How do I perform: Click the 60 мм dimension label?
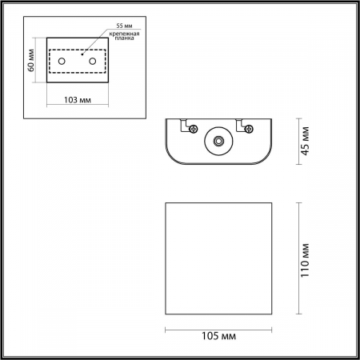(x=30, y=61)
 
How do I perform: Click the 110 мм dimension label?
(x=306, y=260)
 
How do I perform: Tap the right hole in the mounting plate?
(x=93, y=62)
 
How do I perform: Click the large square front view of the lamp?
(x=218, y=259)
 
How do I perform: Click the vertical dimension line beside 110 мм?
(x=298, y=259)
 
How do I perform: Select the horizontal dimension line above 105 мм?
(x=218, y=327)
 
